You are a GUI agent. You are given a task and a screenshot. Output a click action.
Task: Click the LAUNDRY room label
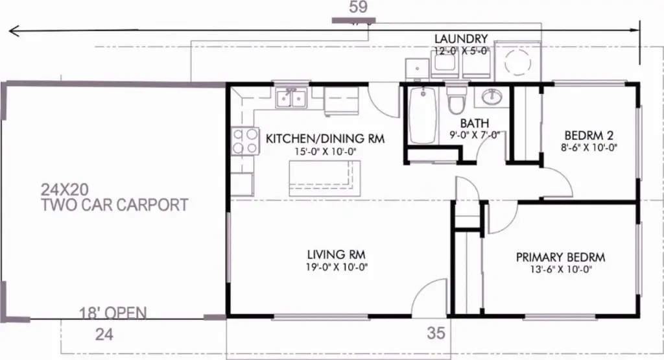(x=461, y=39)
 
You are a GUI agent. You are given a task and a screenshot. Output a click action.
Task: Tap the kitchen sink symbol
(x=291, y=99)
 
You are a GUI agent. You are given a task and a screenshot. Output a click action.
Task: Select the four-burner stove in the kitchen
(x=245, y=141)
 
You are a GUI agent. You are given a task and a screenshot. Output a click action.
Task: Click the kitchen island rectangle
(x=325, y=178)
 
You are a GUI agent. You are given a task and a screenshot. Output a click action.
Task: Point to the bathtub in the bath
(x=423, y=115)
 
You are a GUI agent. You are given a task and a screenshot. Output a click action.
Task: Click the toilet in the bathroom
(x=456, y=101)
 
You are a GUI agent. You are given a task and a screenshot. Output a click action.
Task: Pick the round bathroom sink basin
(x=493, y=97)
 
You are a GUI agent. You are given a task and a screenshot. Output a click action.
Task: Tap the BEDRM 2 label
(x=589, y=136)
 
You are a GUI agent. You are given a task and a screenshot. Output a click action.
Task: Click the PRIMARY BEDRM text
(x=560, y=257)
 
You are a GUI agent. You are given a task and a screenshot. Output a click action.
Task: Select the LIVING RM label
(x=337, y=254)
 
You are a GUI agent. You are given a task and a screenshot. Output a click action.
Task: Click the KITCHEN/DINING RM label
(x=325, y=139)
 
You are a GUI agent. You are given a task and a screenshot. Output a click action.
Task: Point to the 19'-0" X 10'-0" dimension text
(x=337, y=267)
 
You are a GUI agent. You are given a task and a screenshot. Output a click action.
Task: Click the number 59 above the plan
(x=358, y=6)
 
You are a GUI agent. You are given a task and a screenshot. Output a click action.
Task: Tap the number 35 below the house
(x=436, y=333)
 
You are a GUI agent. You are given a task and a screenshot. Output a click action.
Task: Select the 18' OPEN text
(x=113, y=313)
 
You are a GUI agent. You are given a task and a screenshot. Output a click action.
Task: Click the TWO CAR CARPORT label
(x=114, y=205)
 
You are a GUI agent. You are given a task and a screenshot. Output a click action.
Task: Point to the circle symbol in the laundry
(x=518, y=62)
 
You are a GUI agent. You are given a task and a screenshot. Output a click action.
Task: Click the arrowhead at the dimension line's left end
(x=14, y=31)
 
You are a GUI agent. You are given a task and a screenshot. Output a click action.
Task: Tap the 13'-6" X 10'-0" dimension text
(x=561, y=269)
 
